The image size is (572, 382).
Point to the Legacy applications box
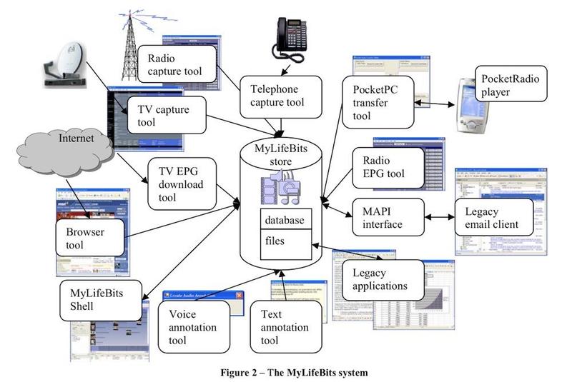pos(379,278)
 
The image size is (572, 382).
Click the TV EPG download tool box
pos(181,184)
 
